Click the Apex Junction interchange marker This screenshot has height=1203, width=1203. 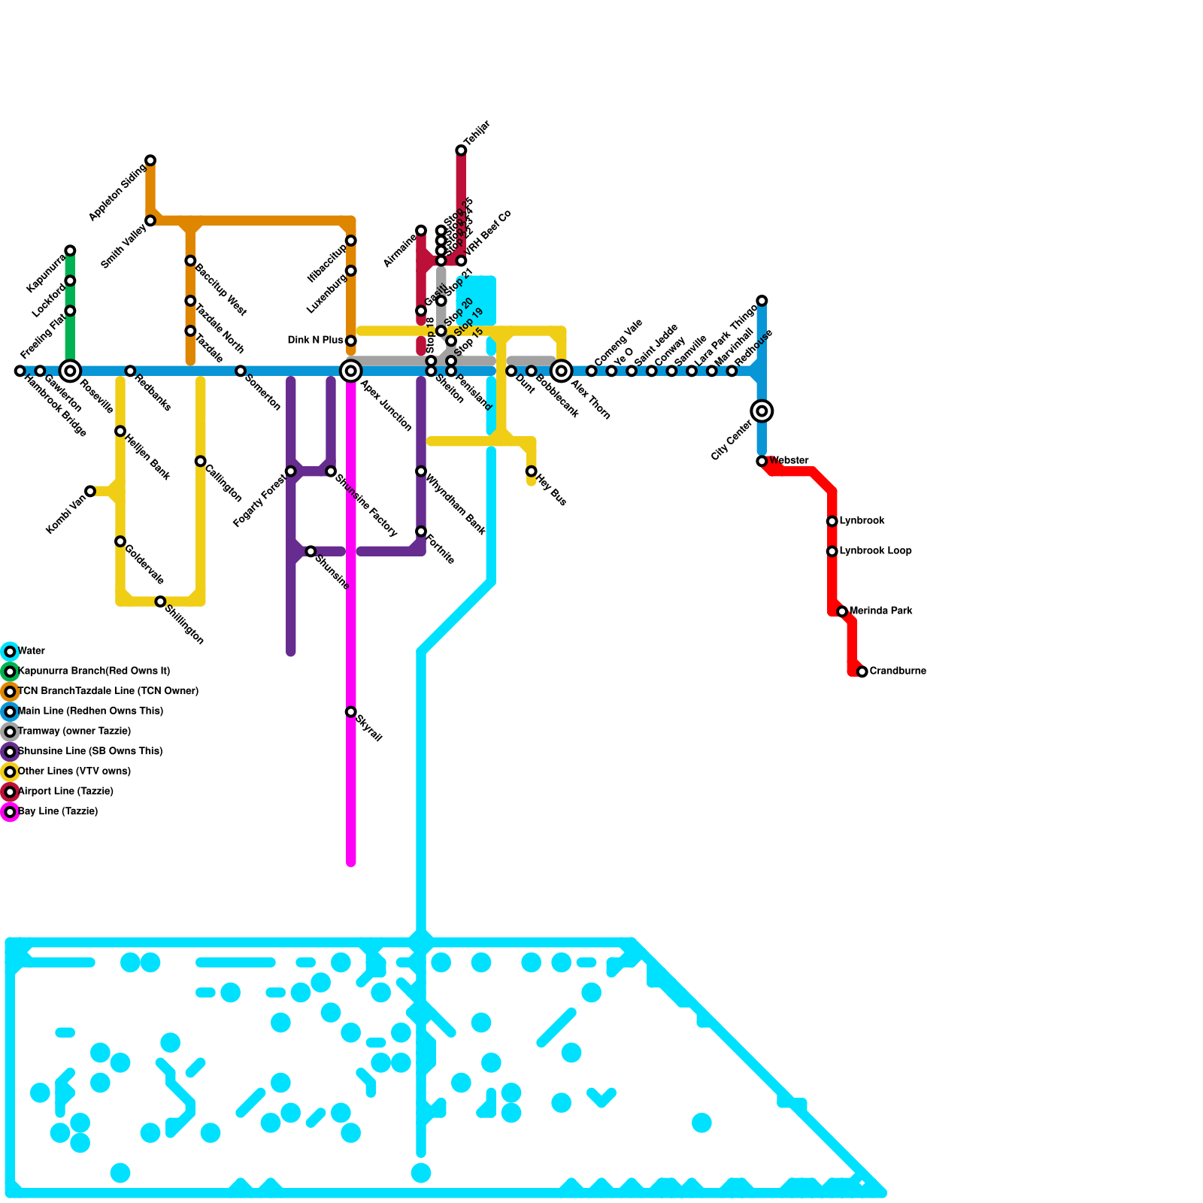[x=350, y=371]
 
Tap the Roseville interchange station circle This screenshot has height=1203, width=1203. [x=70, y=371]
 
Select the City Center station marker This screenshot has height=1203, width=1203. [x=762, y=411]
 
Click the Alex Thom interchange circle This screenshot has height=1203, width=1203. [x=561, y=371]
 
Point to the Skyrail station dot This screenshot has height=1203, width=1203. [x=350, y=712]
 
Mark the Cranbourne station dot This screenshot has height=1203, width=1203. [x=862, y=671]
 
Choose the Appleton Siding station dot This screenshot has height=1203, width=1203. [x=150, y=160]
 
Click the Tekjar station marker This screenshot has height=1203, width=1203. [x=461, y=150]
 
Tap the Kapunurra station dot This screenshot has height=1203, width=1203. [x=70, y=250]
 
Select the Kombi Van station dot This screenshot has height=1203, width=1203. [x=90, y=491]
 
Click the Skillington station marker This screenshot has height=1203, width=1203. [x=160, y=601]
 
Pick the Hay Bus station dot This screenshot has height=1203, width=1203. [x=531, y=471]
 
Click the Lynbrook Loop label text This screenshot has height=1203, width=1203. [x=875, y=551]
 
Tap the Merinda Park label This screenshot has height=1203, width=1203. [x=880, y=611]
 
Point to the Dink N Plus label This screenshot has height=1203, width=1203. [x=315, y=341]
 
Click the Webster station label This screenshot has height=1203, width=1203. [x=789, y=461]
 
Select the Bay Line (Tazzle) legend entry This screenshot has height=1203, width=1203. [x=58, y=812]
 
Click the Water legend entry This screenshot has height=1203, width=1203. [x=32, y=651]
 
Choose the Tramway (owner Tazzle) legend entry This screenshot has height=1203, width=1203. [x=74, y=732]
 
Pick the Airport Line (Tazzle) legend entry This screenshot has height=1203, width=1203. [x=65, y=792]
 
